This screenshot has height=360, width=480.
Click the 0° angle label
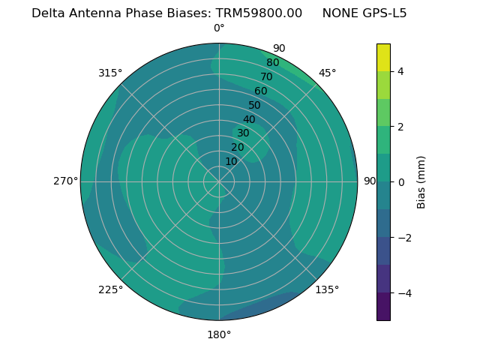219,28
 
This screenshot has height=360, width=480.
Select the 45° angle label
328,73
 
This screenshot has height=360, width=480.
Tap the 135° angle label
327,289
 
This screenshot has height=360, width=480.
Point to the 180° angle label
219,334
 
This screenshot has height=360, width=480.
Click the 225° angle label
110,289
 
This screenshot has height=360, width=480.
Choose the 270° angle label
66,181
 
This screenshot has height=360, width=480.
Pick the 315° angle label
110,73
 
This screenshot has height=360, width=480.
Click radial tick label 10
231,161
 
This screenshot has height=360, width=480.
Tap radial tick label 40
249,119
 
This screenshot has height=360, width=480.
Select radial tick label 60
260,91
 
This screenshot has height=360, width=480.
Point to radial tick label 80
272,63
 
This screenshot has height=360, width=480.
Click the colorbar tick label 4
401,71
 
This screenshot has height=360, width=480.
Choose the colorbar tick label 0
401,182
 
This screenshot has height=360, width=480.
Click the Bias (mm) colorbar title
421,182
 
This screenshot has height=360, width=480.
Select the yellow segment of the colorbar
383,58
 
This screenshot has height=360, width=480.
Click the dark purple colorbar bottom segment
383,307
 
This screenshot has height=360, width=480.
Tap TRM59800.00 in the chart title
259,13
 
